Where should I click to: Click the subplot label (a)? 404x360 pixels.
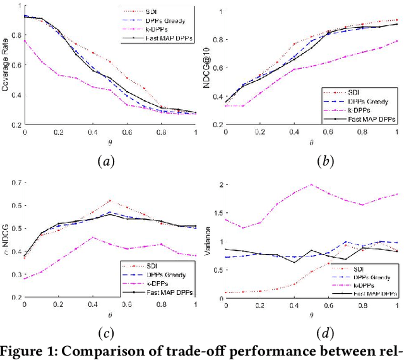(106, 162)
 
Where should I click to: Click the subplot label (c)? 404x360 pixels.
(106, 332)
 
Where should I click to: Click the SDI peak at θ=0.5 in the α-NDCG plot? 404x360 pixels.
(110, 201)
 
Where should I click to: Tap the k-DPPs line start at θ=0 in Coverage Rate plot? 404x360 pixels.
(25, 41)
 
